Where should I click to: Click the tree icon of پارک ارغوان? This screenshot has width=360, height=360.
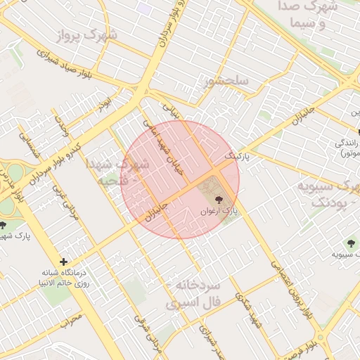tap(219, 198)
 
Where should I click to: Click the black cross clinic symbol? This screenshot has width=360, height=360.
tap(63, 262)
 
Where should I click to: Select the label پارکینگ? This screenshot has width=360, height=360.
tap(237, 153)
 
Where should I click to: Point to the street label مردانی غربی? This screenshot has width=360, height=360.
tap(64, 200)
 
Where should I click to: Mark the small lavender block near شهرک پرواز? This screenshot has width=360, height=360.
tap(144, 8)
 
